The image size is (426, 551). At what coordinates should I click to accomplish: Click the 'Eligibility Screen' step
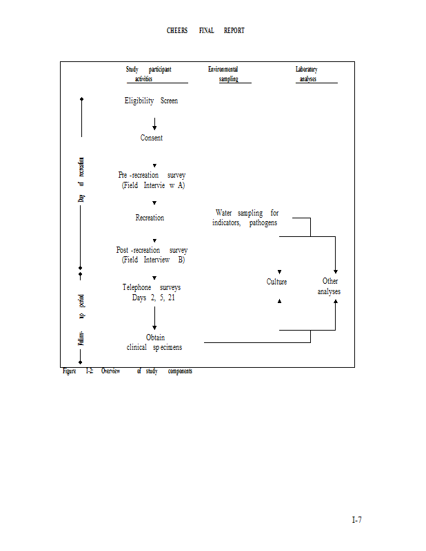(x=151, y=101)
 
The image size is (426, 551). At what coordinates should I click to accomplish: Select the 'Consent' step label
(x=152, y=138)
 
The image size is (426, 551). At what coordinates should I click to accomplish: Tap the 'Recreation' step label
(x=150, y=218)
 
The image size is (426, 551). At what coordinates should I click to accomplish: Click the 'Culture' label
(x=276, y=282)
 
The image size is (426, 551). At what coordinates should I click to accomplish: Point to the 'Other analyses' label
(x=329, y=286)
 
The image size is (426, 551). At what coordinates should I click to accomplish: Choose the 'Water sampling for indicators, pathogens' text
(x=246, y=218)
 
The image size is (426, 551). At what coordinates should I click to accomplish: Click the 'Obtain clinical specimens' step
(x=154, y=342)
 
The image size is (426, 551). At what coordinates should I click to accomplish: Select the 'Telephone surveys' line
(x=152, y=287)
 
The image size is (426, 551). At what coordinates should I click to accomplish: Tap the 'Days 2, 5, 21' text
(x=153, y=298)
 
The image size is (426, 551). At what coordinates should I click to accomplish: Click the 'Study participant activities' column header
(x=148, y=74)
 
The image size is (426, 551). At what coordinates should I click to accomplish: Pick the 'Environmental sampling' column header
(x=223, y=74)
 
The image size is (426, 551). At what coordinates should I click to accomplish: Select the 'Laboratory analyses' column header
(x=307, y=74)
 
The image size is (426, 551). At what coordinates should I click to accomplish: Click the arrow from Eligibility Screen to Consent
(x=154, y=123)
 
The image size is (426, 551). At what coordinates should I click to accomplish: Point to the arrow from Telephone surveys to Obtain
(x=154, y=318)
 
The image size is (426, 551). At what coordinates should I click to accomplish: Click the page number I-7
(x=356, y=519)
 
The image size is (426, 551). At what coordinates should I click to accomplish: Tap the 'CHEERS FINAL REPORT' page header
(x=205, y=31)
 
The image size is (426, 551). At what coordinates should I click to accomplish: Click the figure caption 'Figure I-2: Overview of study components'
(x=128, y=371)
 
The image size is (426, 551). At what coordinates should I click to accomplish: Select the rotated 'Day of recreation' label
(x=81, y=180)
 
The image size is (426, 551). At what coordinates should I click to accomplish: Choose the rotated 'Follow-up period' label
(x=81, y=320)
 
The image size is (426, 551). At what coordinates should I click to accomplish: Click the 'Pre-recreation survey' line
(x=152, y=175)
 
